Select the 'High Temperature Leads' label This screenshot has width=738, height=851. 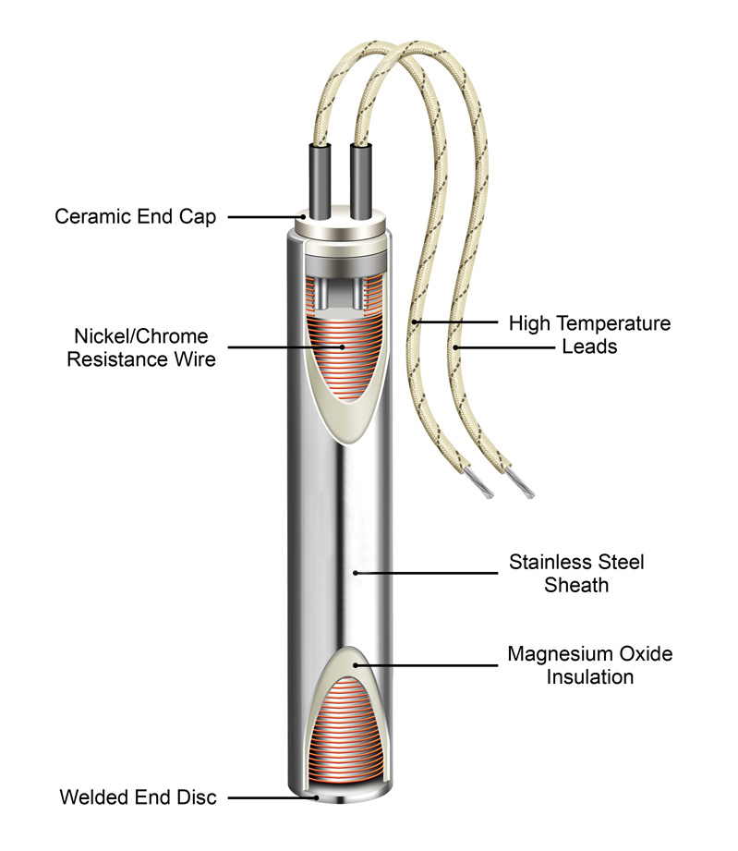click(589, 334)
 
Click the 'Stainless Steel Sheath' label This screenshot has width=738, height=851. click(576, 573)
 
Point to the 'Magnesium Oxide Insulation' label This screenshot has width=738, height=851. click(589, 665)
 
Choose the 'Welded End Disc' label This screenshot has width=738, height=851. click(139, 796)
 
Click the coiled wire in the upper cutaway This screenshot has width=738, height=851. click(343, 356)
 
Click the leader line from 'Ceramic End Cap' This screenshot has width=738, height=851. click(263, 217)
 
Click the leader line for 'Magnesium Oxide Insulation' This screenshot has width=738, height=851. click(425, 664)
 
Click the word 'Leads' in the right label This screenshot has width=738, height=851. click(589, 347)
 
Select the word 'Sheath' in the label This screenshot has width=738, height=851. click(576, 585)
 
